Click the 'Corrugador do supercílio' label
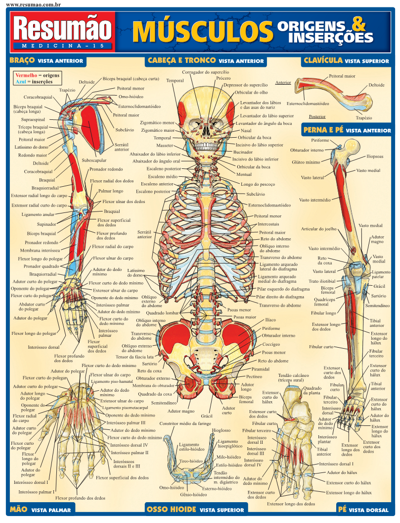pyautogui.click(x=205, y=72)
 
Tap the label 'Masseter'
pyautogui.click(x=165, y=146)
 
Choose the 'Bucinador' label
pyautogui.click(x=243, y=152)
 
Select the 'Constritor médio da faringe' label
pyautogui.click(x=185, y=424)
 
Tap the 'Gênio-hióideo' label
pyautogui.click(x=193, y=495)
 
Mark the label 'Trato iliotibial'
pyautogui.click(x=322, y=281)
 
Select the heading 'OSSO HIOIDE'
pyautogui.click(x=172, y=509)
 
